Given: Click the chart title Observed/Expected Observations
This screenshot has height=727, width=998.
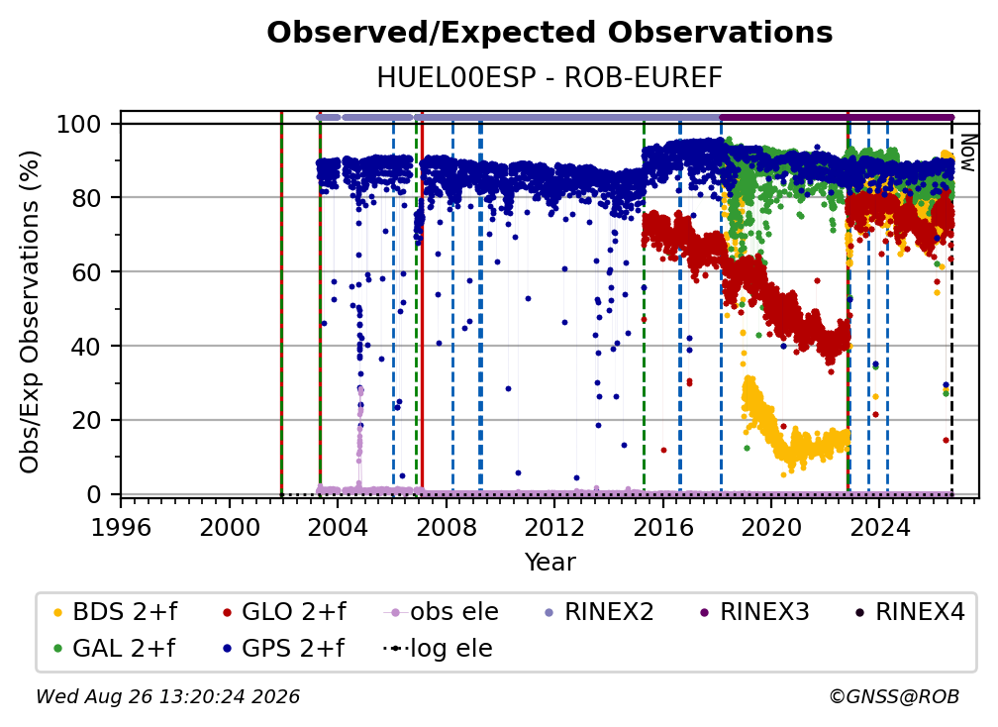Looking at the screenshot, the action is pos(549,33).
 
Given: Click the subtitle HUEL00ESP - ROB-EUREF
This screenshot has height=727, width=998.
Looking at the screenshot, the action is pos(549,78).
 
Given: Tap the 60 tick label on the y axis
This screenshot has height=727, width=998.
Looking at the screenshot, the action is pos(86,272).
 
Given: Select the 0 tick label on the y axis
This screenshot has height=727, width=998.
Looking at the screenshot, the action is pos(94,494).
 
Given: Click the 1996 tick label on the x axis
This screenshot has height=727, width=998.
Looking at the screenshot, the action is pos(121,527).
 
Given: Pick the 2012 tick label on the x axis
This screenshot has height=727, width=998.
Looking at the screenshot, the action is pos(554,527).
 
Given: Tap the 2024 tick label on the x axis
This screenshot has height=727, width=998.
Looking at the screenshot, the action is pos(879,527).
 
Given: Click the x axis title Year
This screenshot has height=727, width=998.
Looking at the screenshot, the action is pos(549,563).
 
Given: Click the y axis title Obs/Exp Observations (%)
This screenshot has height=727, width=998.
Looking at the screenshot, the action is pos(30,312).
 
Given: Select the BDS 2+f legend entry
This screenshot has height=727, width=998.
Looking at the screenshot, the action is pos(115,612).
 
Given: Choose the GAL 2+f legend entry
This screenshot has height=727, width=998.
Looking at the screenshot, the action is pos(114,649).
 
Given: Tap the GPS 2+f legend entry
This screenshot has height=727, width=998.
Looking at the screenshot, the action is pos(283,649).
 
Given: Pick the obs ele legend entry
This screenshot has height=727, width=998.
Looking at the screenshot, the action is pos(442,612).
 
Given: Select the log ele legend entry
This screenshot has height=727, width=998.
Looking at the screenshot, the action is pos(438,649).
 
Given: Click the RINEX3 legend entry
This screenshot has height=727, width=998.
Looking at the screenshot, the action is pos(754,612).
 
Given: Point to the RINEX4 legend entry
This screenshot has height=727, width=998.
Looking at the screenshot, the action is pos(910,612).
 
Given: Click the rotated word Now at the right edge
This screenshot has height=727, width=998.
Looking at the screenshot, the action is pos(967,153).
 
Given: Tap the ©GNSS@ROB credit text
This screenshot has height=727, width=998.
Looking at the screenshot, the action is pos(894,696).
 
